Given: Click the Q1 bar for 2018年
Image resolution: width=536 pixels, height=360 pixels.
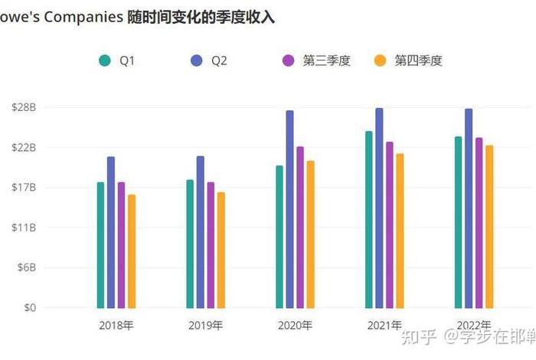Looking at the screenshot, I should click(100, 245).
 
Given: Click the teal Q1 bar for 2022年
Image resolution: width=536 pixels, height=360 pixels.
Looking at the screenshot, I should click(458, 222).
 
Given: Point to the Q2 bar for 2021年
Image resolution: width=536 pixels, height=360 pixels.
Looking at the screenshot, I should click(379, 208).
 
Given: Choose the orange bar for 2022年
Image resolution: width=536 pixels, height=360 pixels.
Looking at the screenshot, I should click(489, 227).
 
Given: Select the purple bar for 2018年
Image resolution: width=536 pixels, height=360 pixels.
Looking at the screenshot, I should click(121, 245).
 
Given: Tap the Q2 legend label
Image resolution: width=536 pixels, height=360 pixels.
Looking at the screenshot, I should click(219, 61).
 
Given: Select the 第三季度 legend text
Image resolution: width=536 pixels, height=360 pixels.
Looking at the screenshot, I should click(326, 61).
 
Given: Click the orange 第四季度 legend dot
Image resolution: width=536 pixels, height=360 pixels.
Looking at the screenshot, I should click(379, 61).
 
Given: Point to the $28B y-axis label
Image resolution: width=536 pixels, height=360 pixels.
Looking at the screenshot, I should click(24, 107).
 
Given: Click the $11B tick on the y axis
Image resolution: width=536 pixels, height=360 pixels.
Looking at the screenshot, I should click(24, 227).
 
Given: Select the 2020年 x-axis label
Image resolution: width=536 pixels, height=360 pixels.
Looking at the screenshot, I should click(295, 326).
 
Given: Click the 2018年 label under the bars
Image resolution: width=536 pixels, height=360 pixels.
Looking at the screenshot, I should click(116, 326).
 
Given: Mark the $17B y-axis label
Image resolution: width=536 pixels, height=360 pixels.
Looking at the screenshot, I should click(24, 188).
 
